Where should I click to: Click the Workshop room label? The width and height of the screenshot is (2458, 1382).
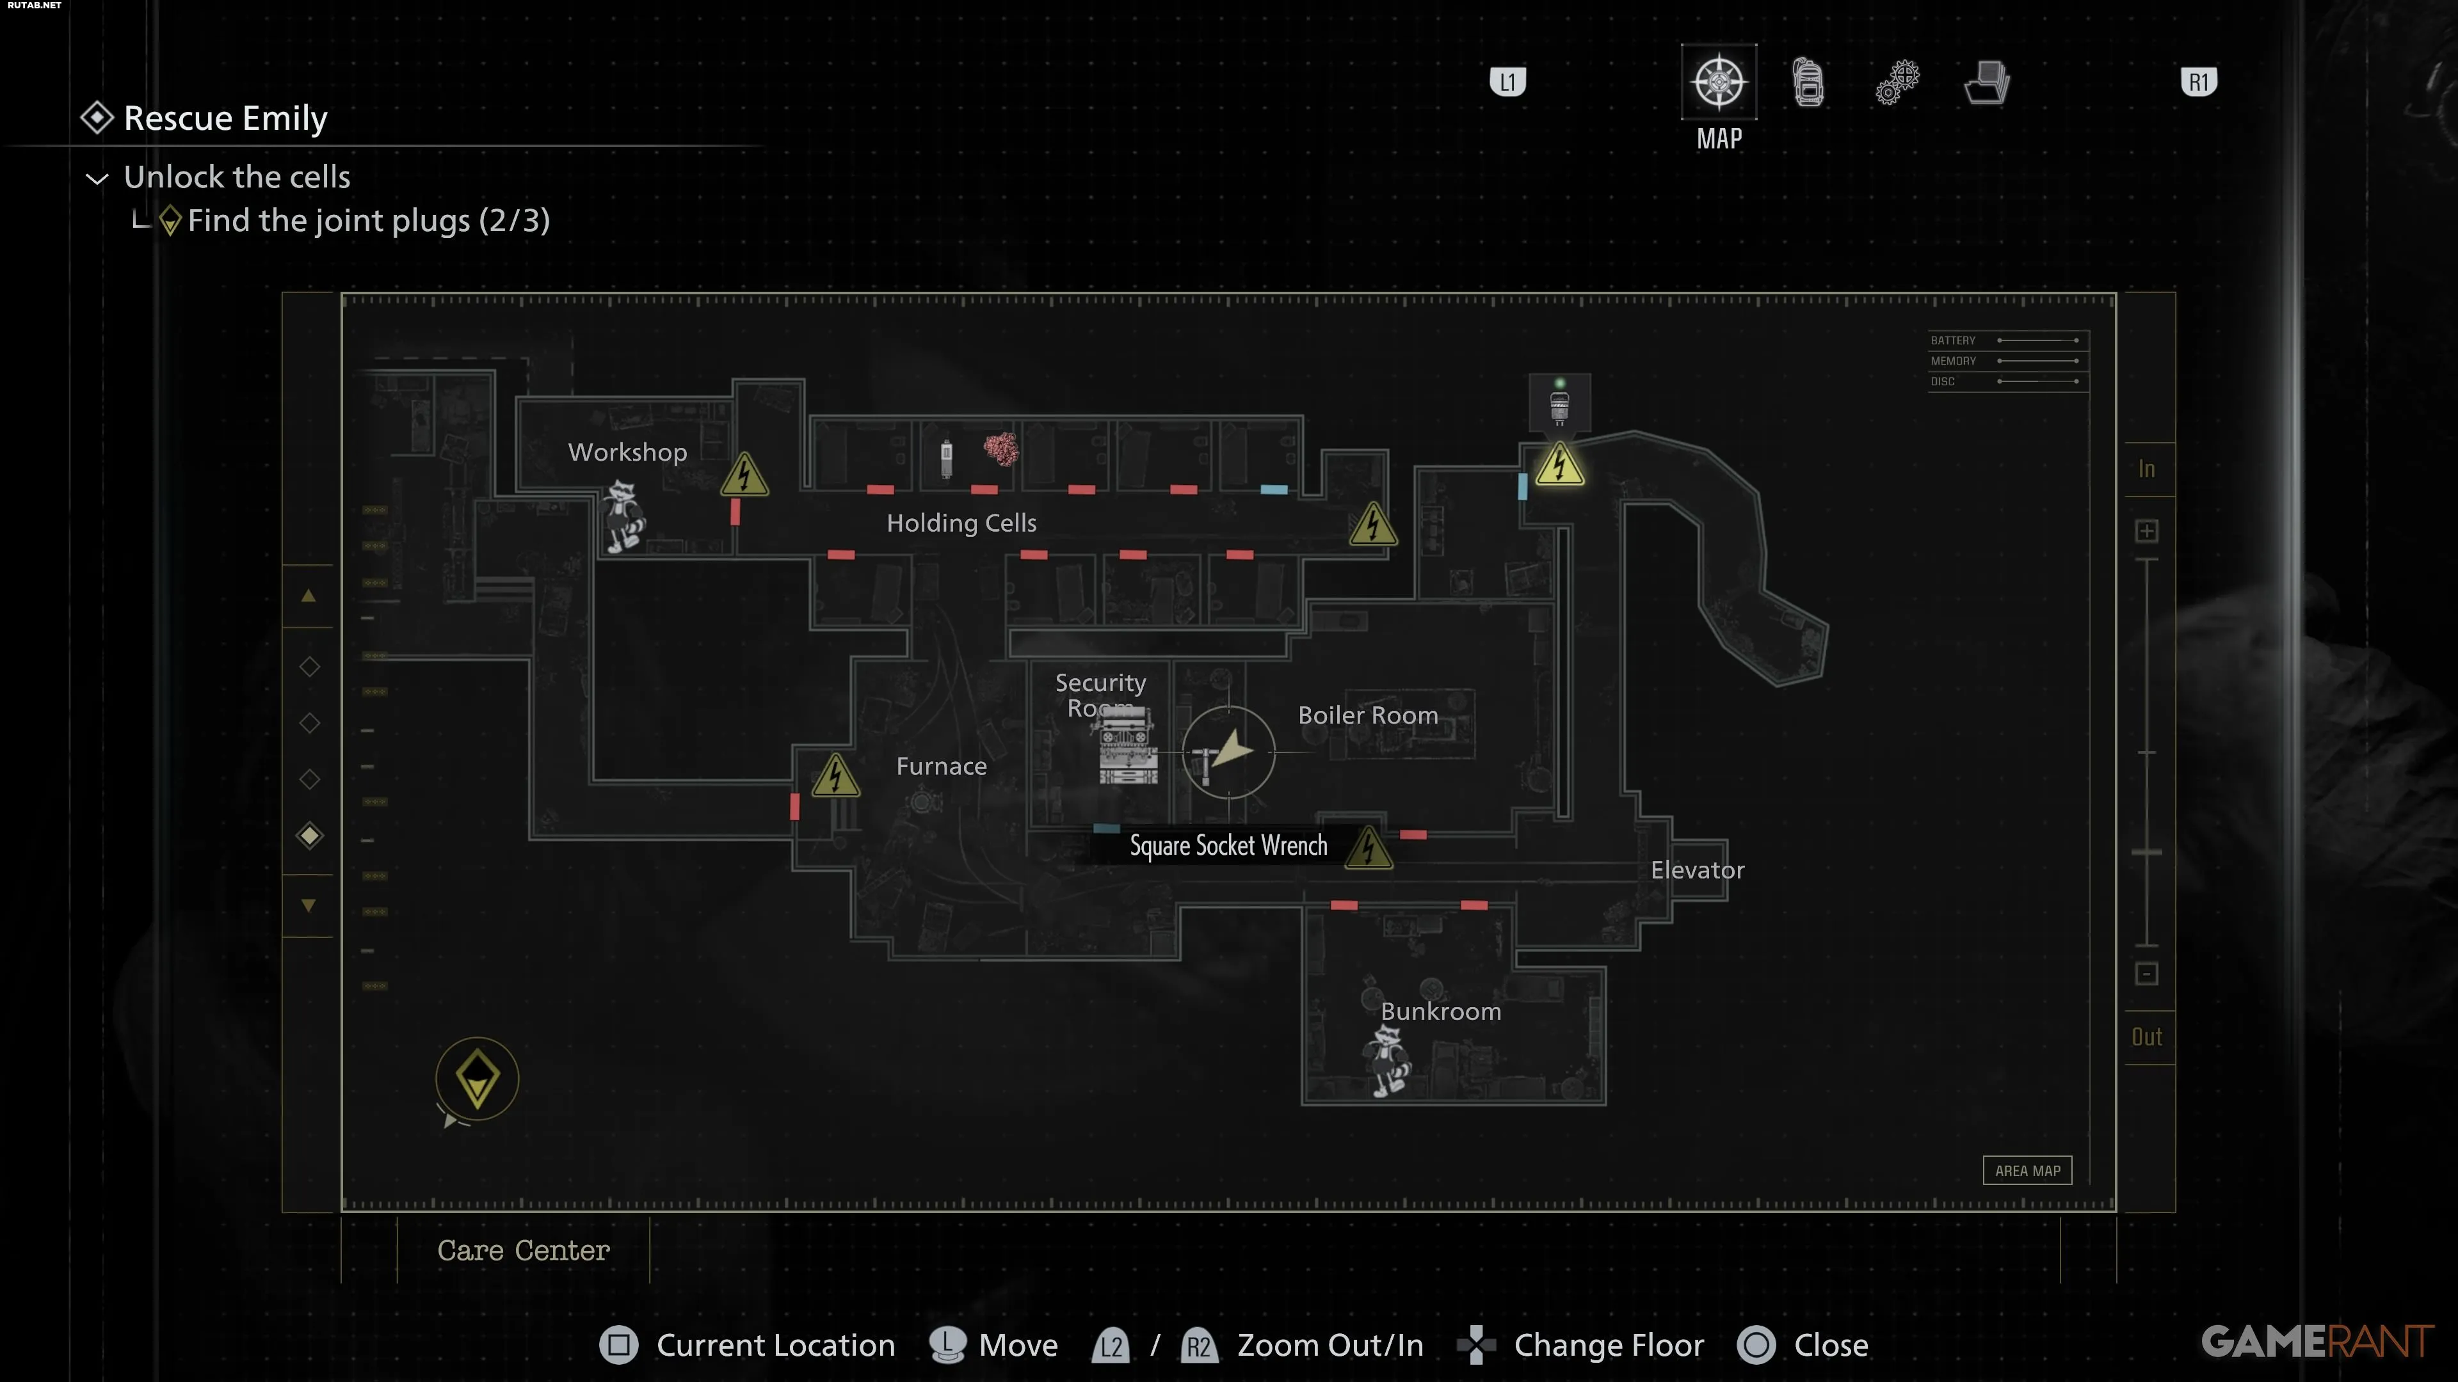[627, 452]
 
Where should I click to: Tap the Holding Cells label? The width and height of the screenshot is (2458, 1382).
[961, 523]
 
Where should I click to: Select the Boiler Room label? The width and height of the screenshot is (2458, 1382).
[1367, 715]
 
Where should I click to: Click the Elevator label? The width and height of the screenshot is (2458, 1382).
[1696, 870]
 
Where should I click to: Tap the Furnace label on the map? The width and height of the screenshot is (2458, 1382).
[941, 766]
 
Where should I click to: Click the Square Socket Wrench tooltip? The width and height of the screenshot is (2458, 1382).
[1227, 846]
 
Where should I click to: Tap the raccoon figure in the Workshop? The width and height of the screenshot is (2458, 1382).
[623, 516]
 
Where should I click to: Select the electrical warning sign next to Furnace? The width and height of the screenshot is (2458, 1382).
[835, 775]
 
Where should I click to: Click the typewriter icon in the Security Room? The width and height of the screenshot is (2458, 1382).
[1128, 747]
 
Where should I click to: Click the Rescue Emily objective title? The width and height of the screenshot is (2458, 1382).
[225, 118]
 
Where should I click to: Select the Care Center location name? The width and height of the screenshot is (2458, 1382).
[523, 1250]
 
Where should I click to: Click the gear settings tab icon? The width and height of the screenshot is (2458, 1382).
[1897, 82]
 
